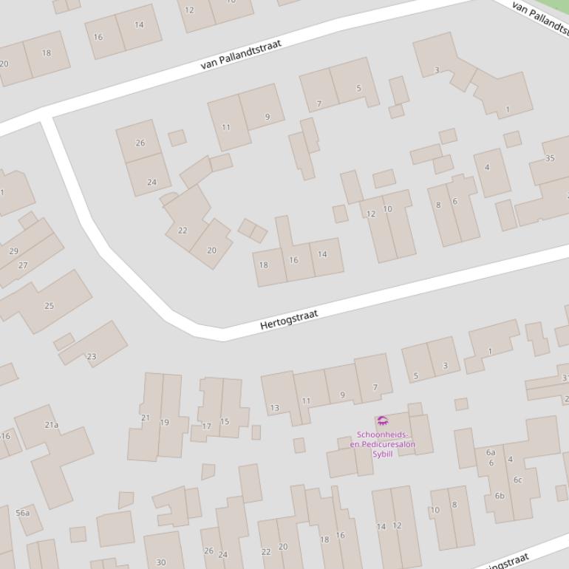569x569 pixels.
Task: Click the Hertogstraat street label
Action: click(x=289, y=319)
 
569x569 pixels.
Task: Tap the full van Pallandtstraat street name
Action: click(x=241, y=55)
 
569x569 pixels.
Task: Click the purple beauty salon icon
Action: click(x=382, y=421)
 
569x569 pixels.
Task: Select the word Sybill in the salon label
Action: click(x=382, y=454)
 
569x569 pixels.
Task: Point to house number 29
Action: click(x=13, y=251)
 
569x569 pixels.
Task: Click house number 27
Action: click(x=23, y=265)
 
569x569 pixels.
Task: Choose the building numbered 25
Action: click(x=50, y=305)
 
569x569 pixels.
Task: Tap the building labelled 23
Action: click(x=92, y=356)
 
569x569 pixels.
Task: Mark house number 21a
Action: click(x=51, y=425)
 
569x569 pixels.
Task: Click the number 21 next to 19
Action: click(x=146, y=418)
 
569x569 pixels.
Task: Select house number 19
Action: click(x=164, y=423)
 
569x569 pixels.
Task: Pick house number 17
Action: click(x=207, y=426)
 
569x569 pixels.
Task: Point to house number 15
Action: click(x=225, y=422)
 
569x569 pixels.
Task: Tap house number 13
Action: click(x=274, y=408)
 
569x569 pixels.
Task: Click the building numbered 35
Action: click(x=550, y=158)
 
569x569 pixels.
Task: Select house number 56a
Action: click(x=23, y=513)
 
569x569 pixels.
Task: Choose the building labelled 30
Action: click(x=161, y=562)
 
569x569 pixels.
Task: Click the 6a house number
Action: click(x=491, y=452)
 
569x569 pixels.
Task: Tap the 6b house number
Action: click(x=500, y=496)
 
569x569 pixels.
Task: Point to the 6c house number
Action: click(x=518, y=480)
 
